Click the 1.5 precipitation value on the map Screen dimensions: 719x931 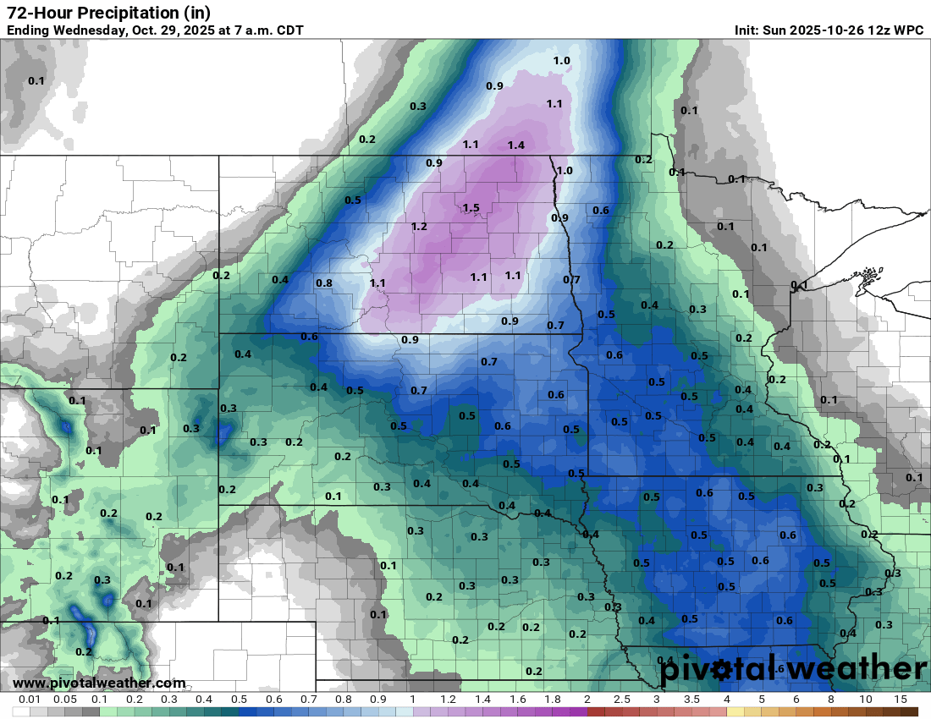coord(471,208)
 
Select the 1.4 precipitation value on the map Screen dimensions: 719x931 coord(516,145)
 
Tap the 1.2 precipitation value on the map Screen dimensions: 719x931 coord(419,227)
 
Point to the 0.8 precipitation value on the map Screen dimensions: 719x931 coord(323,283)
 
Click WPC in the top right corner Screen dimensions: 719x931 coord(908,30)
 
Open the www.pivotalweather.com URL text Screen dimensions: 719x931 coord(99,683)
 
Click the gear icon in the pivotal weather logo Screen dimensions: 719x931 coord(722,670)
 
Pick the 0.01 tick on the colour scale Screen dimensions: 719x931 coord(30,700)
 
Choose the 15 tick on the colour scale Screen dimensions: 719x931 coord(901,700)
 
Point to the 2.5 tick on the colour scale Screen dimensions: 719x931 coord(621,700)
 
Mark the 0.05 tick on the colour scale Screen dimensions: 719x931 coord(65,700)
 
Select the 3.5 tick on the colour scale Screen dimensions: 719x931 coord(691,700)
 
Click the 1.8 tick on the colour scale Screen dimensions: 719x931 coord(552,700)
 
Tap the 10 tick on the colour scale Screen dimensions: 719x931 coord(866,700)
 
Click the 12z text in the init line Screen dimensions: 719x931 coord(879,30)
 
